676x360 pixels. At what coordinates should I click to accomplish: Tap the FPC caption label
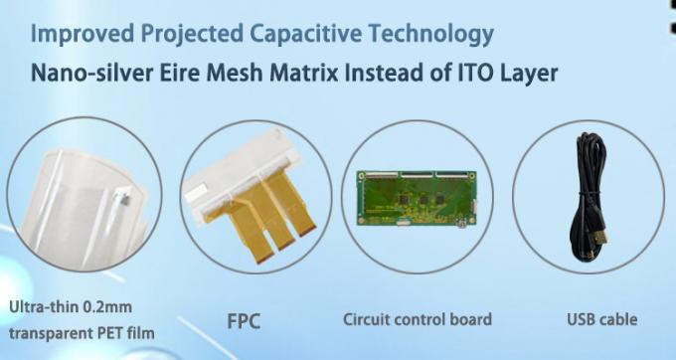246,320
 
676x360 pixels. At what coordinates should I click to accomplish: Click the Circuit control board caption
418,320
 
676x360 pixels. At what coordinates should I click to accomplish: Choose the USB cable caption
602,320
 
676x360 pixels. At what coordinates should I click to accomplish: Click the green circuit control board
417,195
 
